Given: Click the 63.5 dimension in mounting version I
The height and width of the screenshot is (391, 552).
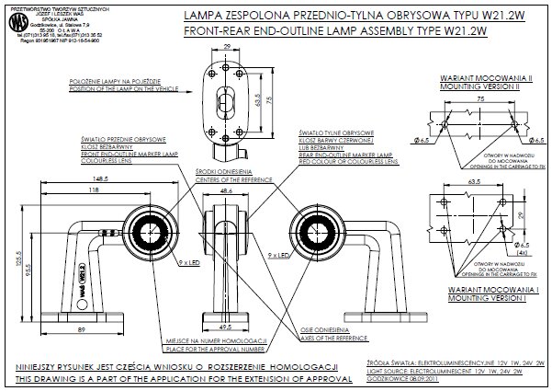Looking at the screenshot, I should [479, 182].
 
